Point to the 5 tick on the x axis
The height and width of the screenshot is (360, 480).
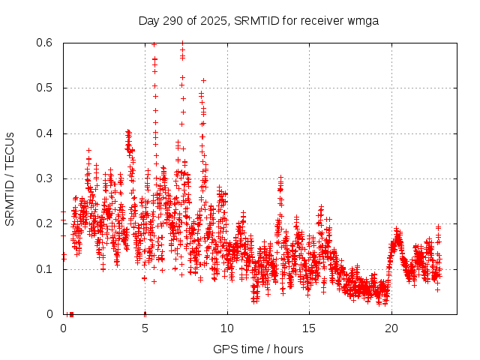145,328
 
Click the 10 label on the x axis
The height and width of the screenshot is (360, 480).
227,328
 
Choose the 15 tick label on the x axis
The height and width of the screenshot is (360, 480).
309,328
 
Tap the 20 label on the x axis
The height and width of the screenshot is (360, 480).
391,328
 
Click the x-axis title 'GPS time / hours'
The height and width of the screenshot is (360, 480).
258,349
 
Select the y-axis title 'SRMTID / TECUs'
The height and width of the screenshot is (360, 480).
10,178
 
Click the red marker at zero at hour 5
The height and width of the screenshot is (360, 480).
145,313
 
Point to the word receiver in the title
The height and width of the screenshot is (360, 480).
324,20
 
